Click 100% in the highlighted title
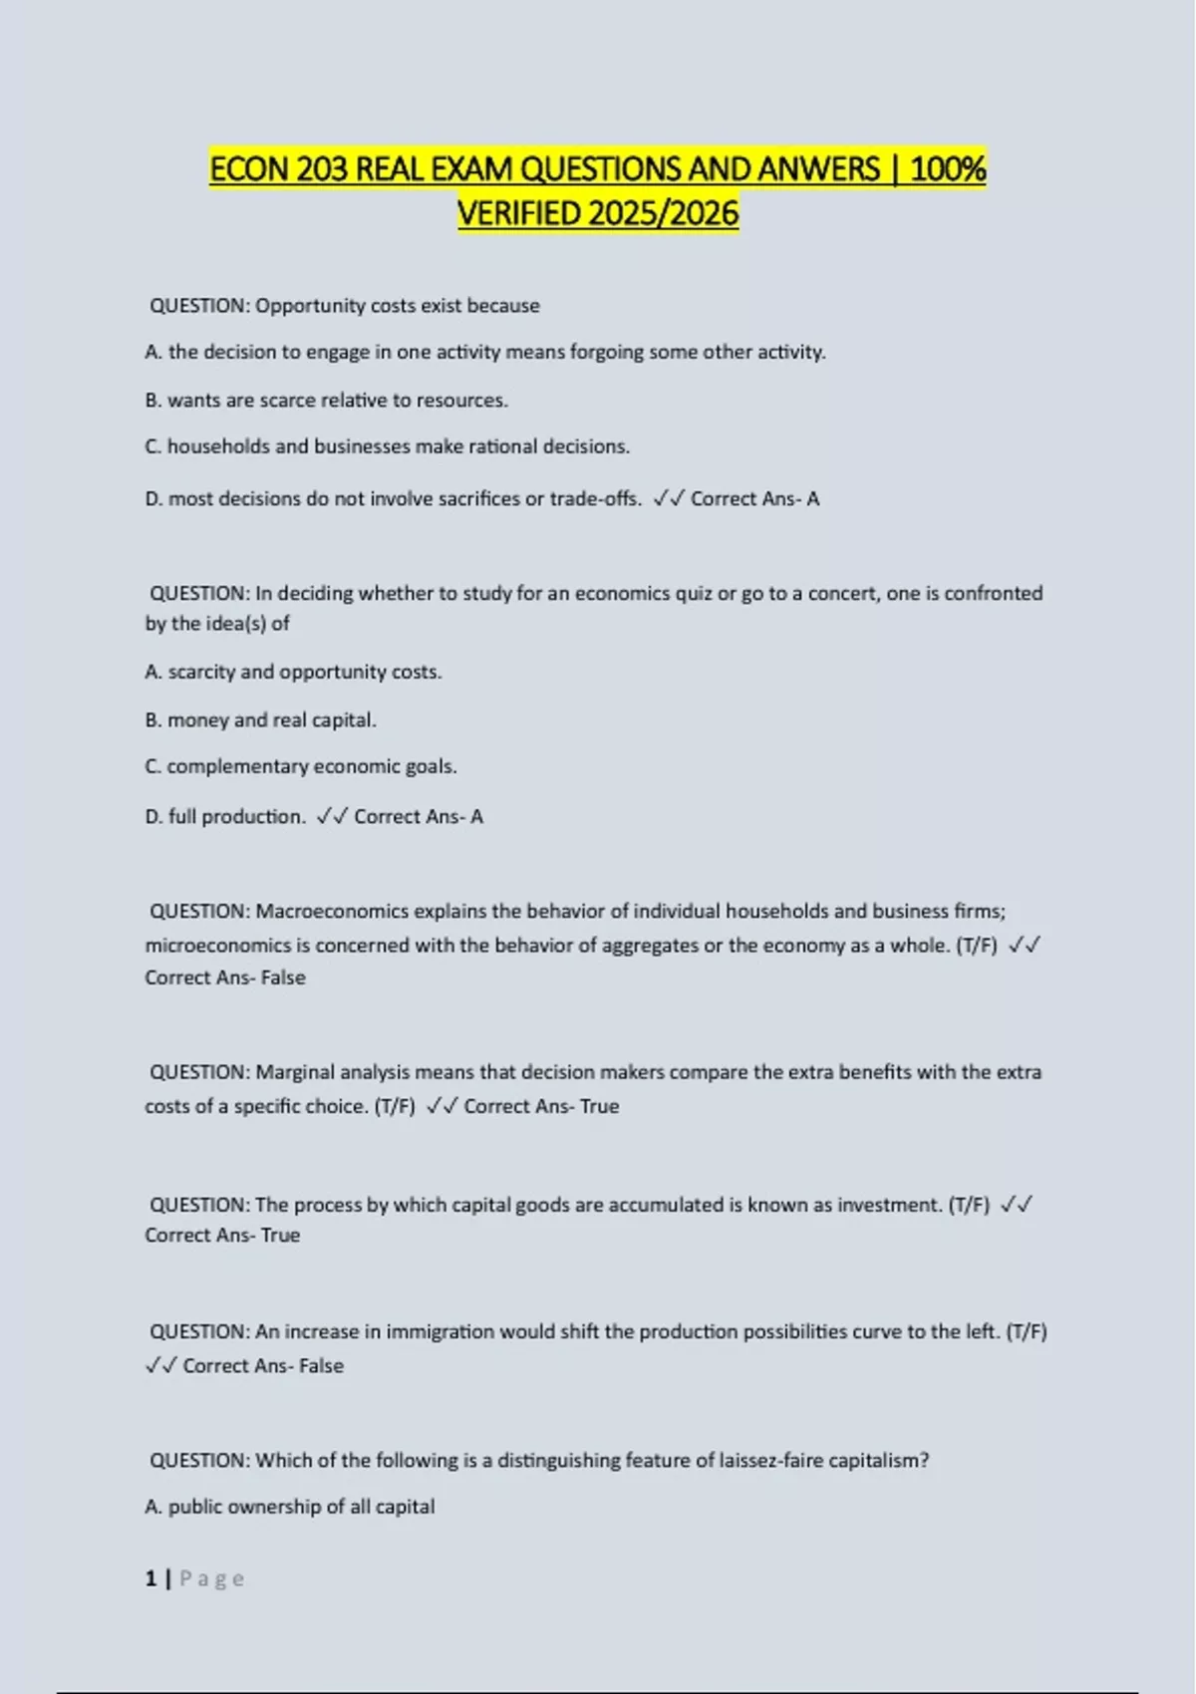tap(948, 169)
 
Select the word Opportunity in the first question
tap(310, 306)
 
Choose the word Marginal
tap(296, 1072)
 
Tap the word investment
tap(889, 1205)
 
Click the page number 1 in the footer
tap(151, 1578)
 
